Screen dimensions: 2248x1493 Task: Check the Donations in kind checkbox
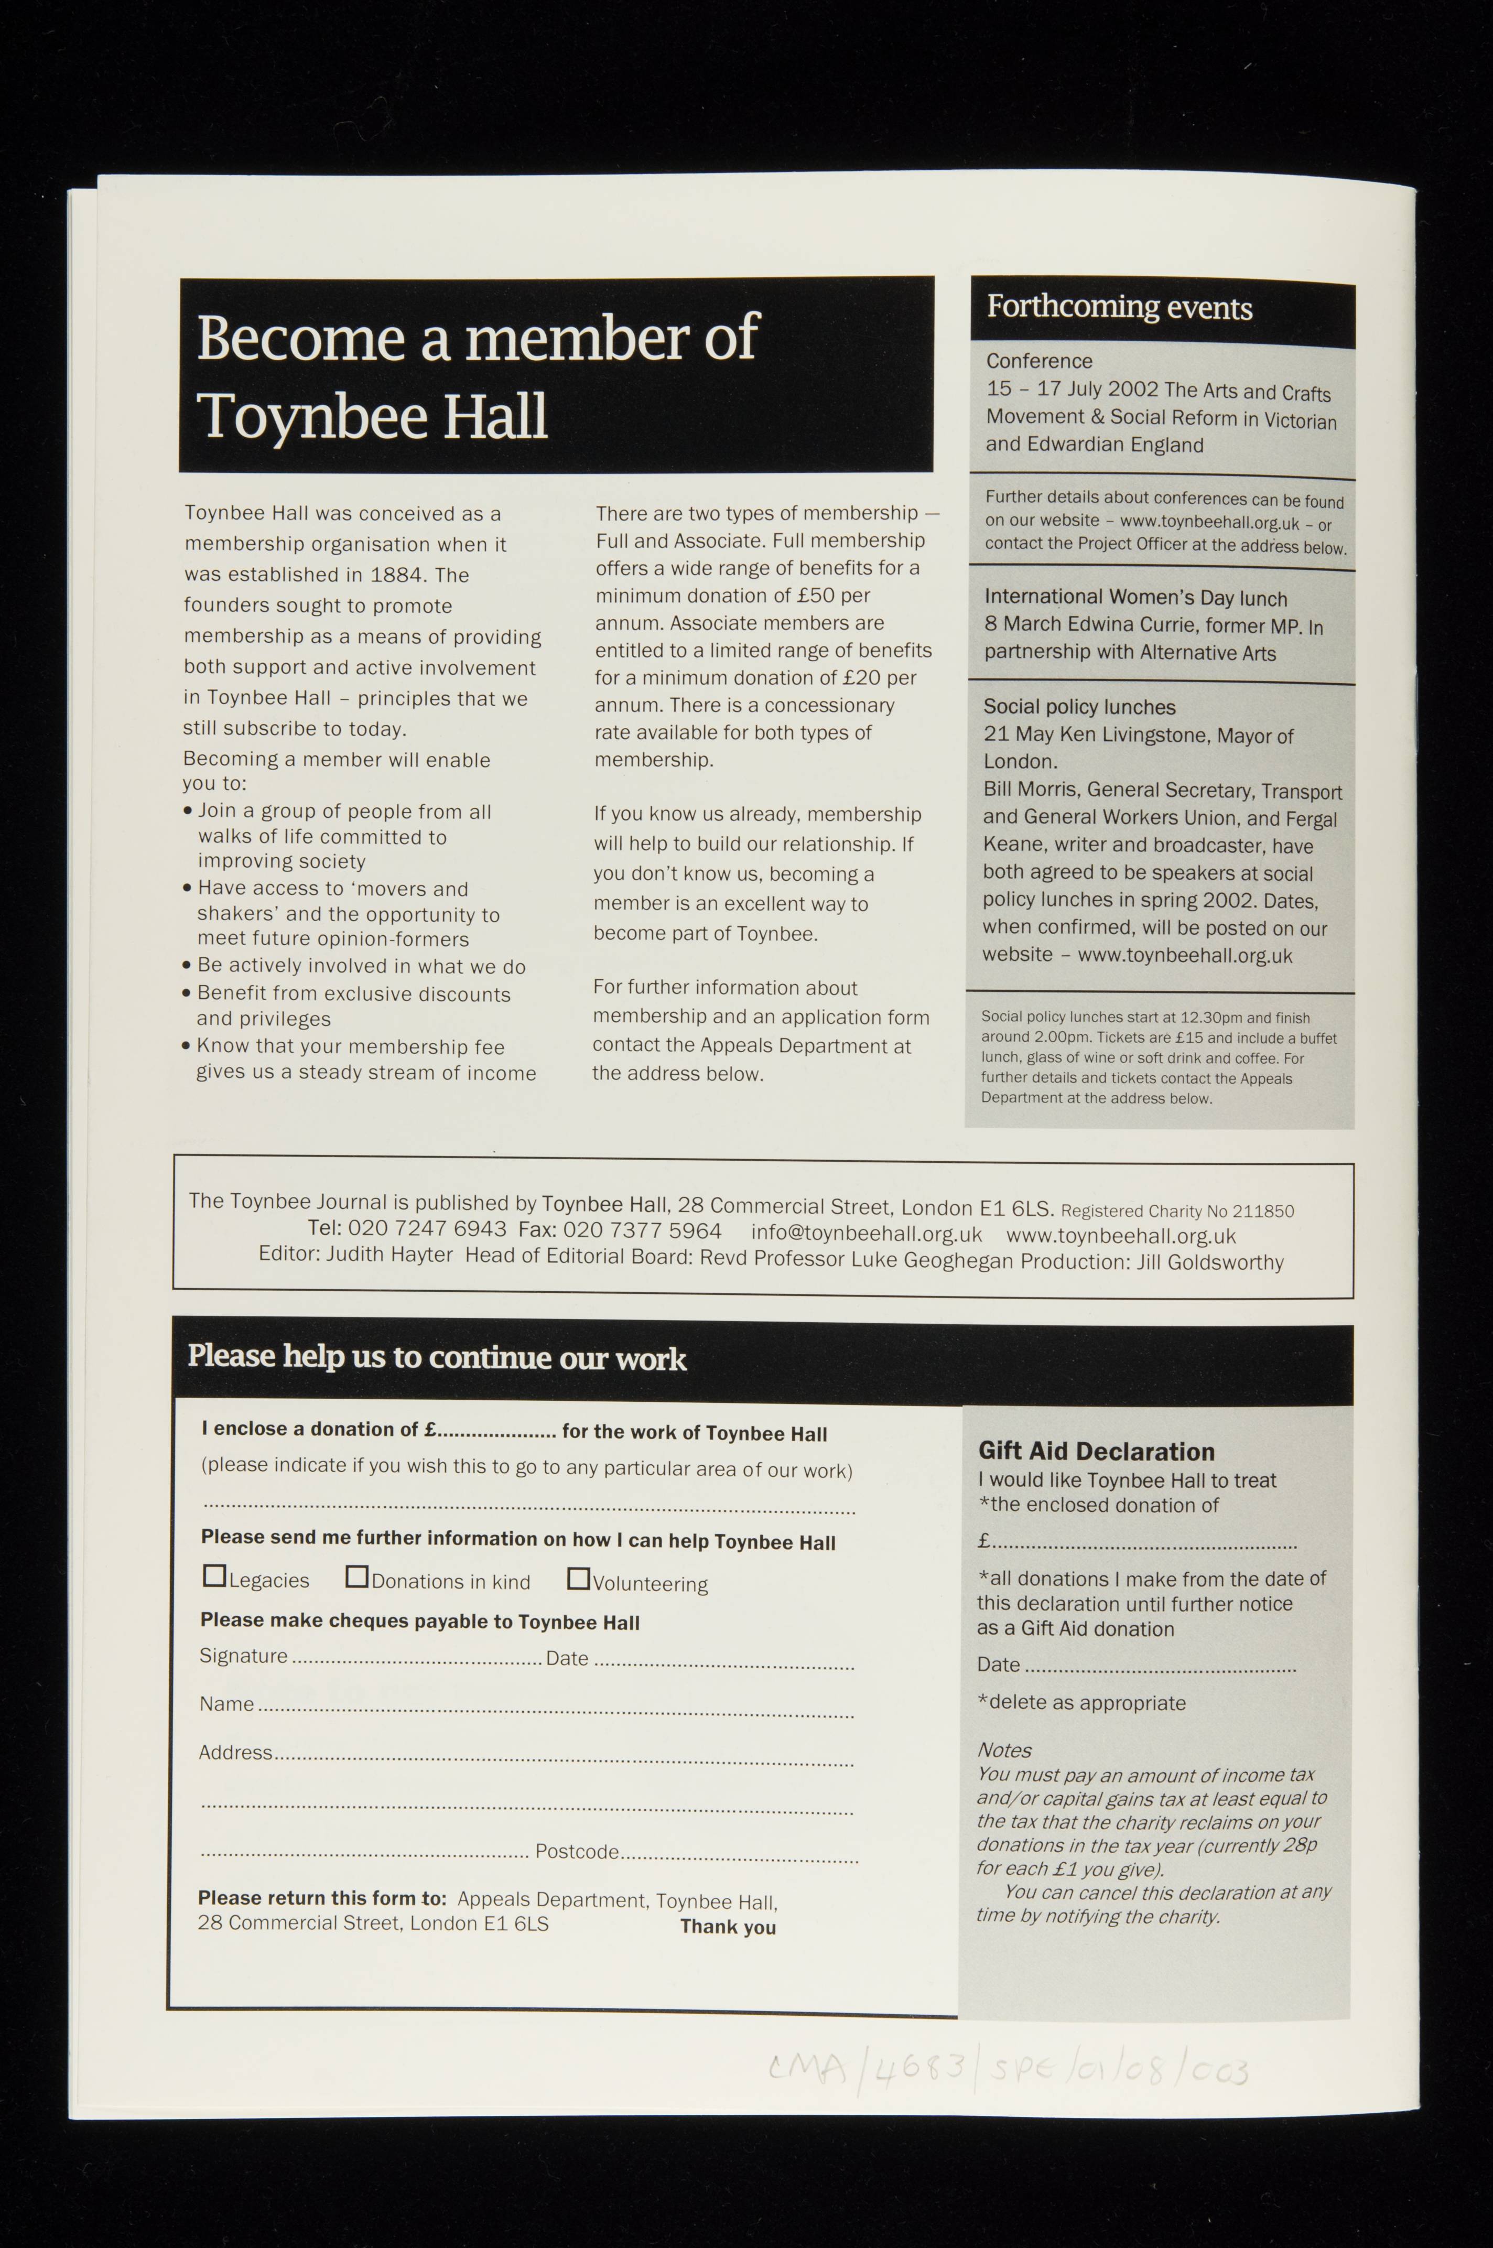[356, 1577]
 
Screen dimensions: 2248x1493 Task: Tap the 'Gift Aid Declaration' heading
[1096, 1451]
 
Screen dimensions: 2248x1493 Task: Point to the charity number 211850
[1262, 1211]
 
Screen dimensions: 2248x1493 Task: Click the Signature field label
[243, 1656]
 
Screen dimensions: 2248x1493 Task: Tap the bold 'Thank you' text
[728, 1926]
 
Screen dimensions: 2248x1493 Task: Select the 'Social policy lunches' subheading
[1079, 707]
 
